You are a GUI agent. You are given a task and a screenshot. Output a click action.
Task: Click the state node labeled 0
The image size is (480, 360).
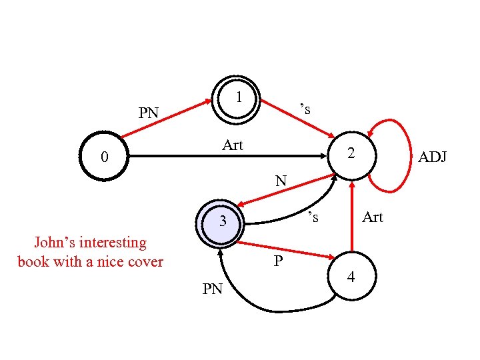coord(103,157)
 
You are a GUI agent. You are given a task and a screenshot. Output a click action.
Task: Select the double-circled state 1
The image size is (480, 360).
coord(236,100)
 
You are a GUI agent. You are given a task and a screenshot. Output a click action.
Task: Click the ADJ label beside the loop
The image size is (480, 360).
coord(432,157)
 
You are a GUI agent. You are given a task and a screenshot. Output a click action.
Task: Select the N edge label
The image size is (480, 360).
coord(281,180)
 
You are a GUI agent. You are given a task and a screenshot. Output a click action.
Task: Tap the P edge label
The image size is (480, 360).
coord(279,261)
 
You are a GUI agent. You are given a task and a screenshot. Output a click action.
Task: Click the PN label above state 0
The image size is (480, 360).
coord(148,113)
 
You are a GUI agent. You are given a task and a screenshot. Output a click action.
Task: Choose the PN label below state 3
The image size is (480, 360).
coord(213,289)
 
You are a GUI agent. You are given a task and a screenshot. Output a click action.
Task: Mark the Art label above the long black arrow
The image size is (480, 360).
coord(233,145)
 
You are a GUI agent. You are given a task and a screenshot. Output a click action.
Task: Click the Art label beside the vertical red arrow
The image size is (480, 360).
coord(372,217)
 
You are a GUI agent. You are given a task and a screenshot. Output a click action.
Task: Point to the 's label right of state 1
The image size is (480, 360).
coord(305,108)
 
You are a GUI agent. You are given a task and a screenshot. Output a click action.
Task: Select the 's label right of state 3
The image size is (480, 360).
coord(313,217)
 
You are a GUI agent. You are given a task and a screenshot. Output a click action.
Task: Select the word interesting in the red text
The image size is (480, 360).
coord(113,243)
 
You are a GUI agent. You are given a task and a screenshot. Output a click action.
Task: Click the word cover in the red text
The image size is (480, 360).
coord(145,261)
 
